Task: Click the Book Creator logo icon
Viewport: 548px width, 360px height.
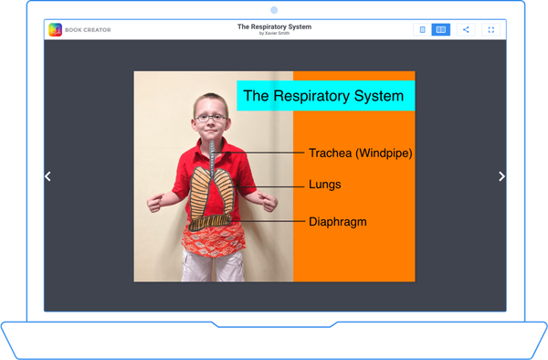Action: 56,29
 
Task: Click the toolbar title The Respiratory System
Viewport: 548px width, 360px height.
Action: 274,26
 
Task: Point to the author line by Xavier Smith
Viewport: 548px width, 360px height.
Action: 274,34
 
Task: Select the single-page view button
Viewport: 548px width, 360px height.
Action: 422,29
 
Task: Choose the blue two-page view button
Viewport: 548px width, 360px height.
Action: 440,29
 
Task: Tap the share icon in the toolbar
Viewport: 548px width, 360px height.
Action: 466,29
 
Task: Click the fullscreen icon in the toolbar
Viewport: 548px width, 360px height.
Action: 490,29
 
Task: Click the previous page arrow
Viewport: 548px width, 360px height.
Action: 47,176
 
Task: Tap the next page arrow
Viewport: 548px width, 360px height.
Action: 501,176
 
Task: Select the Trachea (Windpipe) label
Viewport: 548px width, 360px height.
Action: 360,153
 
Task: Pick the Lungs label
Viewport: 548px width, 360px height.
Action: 324,185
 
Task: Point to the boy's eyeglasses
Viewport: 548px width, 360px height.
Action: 209,117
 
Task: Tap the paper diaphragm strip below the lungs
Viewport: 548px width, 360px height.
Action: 211,221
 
